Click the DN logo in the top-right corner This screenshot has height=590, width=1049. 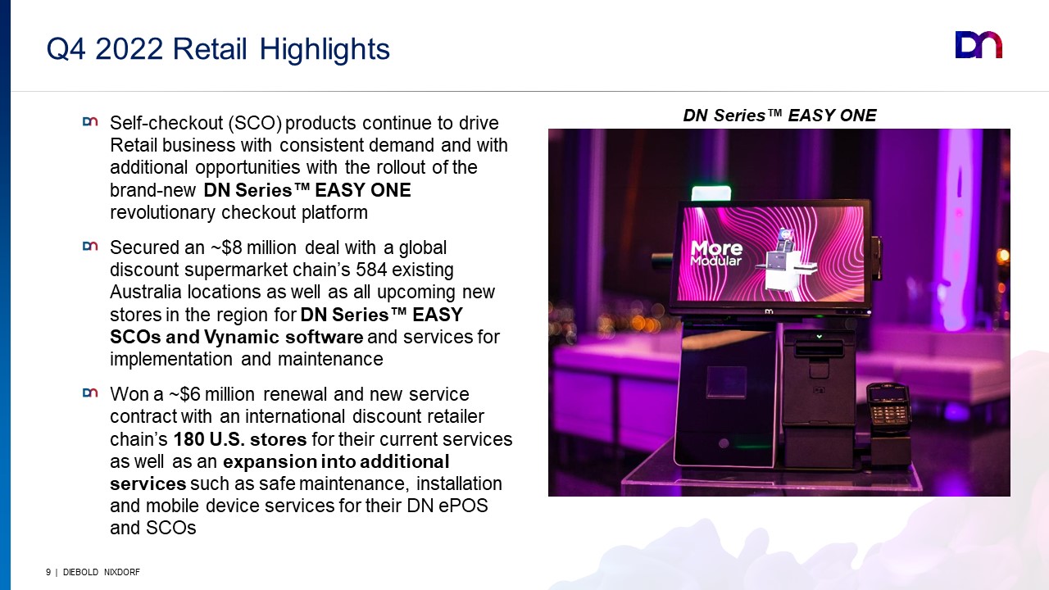coord(979,45)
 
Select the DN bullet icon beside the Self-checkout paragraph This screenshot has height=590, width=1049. coord(90,122)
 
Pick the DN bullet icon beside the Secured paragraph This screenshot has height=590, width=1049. coord(90,247)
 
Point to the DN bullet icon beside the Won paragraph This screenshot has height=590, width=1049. coord(90,393)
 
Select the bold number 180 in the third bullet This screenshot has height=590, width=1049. coord(188,439)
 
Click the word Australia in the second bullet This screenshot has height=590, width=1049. coord(146,292)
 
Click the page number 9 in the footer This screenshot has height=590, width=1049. coord(48,572)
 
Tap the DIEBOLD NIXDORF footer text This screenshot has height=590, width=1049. coord(101,572)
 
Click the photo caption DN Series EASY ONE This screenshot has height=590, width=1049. coord(779,116)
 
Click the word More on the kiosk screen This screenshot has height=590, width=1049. coord(716,247)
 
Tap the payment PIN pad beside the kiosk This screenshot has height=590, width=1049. coord(887,406)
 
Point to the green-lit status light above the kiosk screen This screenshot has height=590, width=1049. coord(711,193)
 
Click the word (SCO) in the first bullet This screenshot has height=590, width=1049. coord(255,123)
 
